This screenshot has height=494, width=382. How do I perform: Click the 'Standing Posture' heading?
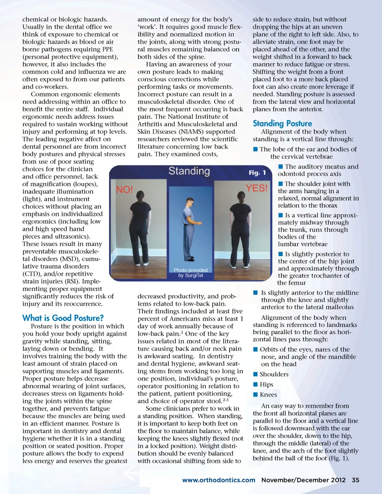(x=282, y=124)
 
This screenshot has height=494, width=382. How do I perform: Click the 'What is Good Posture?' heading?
(x=63, y=318)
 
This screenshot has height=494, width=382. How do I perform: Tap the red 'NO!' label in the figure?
(x=125, y=190)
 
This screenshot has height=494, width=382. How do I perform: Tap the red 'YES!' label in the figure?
(x=256, y=188)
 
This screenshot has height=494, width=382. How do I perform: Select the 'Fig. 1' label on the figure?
(x=257, y=173)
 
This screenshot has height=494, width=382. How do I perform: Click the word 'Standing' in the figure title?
(x=189, y=171)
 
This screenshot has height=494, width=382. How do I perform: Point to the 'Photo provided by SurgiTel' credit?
(x=191, y=272)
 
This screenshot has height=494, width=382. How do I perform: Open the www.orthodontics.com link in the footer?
(x=218, y=480)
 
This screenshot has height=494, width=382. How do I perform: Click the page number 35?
(x=355, y=480)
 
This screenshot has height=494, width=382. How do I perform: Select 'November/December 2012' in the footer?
(x=303, y=480)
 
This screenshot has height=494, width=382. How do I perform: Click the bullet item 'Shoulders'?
(x=274, y=374)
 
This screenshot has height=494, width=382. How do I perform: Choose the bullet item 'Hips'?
(x=266, y=385)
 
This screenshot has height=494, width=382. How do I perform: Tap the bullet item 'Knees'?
(x=268, y=395)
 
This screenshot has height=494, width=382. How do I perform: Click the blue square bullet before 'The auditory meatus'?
(x=281, y=167)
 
